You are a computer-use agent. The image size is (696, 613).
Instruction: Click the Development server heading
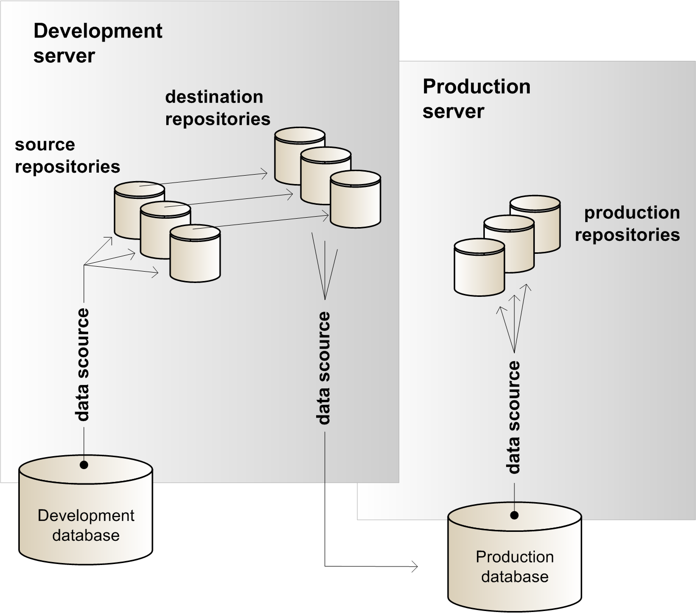click(97, 43)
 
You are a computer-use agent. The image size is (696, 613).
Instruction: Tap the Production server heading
click(476, 98)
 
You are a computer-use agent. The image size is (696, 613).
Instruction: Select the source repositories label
click(67, 155)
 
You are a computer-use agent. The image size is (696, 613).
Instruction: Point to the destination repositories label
click(218, 108)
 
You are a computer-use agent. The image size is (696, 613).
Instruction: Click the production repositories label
click(627, 223)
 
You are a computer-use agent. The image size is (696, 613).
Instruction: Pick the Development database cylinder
click(86, 515)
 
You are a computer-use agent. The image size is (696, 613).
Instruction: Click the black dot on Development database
click(84, 465)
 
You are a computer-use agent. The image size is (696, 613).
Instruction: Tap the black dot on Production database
click(514, 516)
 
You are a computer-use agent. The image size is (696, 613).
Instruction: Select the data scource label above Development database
click(83, 365)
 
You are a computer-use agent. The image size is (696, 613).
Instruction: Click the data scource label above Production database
click(514, 417)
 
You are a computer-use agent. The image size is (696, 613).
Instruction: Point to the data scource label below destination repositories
click(324, 368)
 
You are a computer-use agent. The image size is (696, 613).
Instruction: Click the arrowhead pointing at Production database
click(415, 566)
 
